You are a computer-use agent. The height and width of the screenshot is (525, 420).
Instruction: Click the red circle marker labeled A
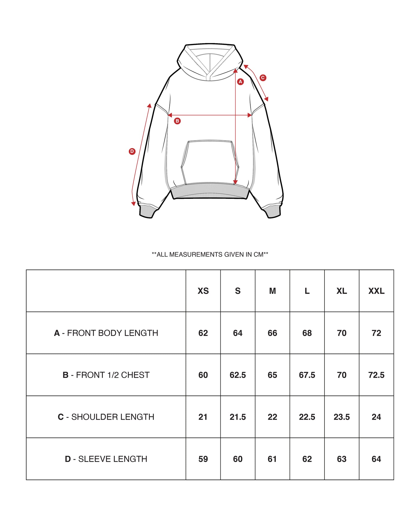(x=240, y=82)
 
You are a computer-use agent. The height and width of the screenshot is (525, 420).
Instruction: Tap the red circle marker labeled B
(x=177, y=121)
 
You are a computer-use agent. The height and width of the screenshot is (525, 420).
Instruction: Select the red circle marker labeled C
(x=263, y=78)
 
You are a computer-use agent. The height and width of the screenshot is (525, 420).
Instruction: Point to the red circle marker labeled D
(x=132, y=151)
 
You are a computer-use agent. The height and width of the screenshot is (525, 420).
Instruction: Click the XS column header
(x=203, y=291)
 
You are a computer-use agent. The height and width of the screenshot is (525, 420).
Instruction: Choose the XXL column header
(x=376, y=291)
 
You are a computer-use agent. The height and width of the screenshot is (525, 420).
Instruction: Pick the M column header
(x=272, y=291)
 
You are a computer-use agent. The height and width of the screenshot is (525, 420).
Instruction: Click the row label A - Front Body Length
(x=106, y=333)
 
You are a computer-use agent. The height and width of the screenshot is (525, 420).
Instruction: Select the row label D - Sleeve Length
(x=106, y=459)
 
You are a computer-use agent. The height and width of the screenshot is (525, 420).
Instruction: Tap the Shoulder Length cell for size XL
(x=342, y=417)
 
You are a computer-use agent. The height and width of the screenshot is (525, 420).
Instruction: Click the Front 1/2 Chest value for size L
(x=307, y=375)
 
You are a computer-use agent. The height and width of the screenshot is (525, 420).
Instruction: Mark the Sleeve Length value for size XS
(x=203, y=459)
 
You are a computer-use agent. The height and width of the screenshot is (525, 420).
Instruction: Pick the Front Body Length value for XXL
(x=376, y=333)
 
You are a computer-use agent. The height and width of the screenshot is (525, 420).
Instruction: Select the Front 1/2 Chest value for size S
(x=238, y=375)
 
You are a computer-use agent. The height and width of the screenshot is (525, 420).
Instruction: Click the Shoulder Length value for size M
(x=272, y=417)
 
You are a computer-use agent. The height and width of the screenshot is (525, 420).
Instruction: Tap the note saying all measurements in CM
(x=210, y=255)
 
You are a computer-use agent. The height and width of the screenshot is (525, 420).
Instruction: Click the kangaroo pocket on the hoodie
(x=210, y=162)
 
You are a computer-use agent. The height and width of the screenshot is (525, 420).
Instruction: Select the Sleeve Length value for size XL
(x=342, y=459)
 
